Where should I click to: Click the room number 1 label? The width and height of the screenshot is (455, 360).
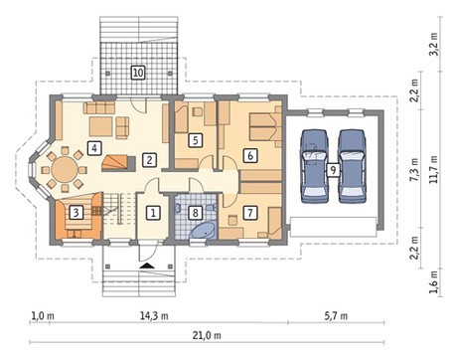point(153,213)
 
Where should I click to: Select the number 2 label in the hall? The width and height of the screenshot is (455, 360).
point(149,160)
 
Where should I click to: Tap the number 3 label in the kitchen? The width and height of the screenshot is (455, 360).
point(76,212)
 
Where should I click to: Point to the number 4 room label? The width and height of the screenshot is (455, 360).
point(94,148)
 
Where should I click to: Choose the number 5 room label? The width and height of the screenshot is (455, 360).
point(196,140)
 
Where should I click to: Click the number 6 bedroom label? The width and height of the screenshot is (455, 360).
point(250,155)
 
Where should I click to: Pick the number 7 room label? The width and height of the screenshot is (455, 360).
point(250,212)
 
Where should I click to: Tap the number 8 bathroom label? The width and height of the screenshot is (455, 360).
point(196,213)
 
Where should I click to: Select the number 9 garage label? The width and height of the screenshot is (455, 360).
point(333,170)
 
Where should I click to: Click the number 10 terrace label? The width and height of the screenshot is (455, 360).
point(138,73)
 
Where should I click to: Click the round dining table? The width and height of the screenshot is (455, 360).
point(65,169)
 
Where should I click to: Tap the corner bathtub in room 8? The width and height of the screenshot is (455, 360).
point(203,231)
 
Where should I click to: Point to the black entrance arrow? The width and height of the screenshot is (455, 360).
point(147,266)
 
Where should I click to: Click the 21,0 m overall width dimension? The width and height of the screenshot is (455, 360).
point(207,335)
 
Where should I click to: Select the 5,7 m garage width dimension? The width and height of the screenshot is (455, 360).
point(336,316)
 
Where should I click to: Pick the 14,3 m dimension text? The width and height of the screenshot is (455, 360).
point(154,316)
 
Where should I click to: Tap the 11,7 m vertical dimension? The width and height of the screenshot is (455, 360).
point(434,169)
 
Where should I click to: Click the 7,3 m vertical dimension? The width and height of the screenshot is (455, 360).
point(414,169)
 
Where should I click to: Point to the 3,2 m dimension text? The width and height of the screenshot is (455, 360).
point(434,44)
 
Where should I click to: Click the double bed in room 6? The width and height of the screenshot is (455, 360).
point(265,127)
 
